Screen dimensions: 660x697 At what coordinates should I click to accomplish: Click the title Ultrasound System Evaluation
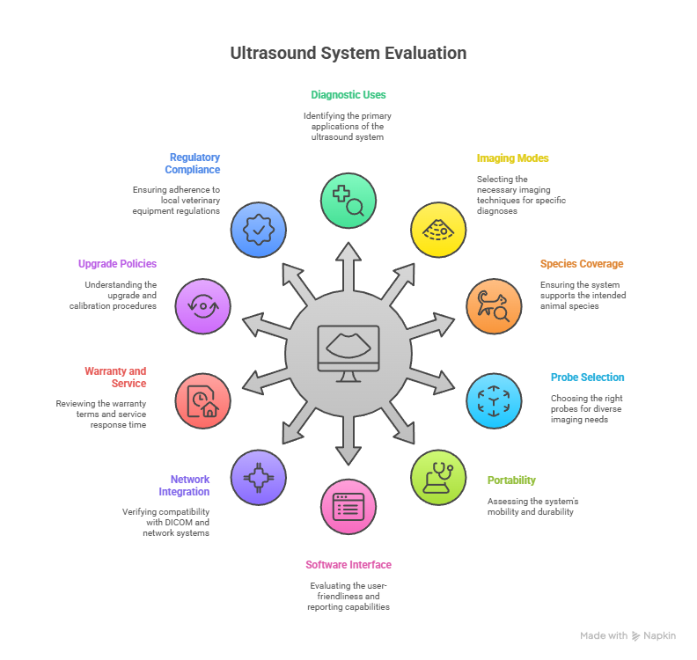point(348,53)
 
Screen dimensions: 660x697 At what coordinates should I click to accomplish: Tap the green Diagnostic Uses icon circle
point(348,200)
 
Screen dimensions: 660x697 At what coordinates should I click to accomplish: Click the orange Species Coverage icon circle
point(493,306)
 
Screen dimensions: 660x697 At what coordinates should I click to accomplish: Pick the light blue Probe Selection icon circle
point(493,400)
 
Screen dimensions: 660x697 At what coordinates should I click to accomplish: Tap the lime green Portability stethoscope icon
point(438,477)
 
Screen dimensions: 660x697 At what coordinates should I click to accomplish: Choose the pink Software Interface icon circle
point(348,507)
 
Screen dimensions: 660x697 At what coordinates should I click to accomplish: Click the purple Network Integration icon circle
point(258,477)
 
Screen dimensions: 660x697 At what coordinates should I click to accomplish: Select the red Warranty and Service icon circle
point(203,400)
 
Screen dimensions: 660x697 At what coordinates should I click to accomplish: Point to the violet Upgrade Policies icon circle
point(203,306)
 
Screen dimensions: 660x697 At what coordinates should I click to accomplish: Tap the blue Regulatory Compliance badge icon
point(258,229)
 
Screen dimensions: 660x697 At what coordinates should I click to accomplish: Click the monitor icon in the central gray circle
point(348,353)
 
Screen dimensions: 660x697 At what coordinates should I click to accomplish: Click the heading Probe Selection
point(587,378)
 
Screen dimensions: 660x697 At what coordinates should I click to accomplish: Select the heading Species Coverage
point(581,264)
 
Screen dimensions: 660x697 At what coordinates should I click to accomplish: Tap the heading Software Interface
point(348,565)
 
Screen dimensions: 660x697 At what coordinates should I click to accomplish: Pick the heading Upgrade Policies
point(117,264)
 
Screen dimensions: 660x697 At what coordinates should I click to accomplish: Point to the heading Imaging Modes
point(512,158)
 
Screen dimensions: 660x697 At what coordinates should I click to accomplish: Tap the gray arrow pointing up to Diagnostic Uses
point(348,264)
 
